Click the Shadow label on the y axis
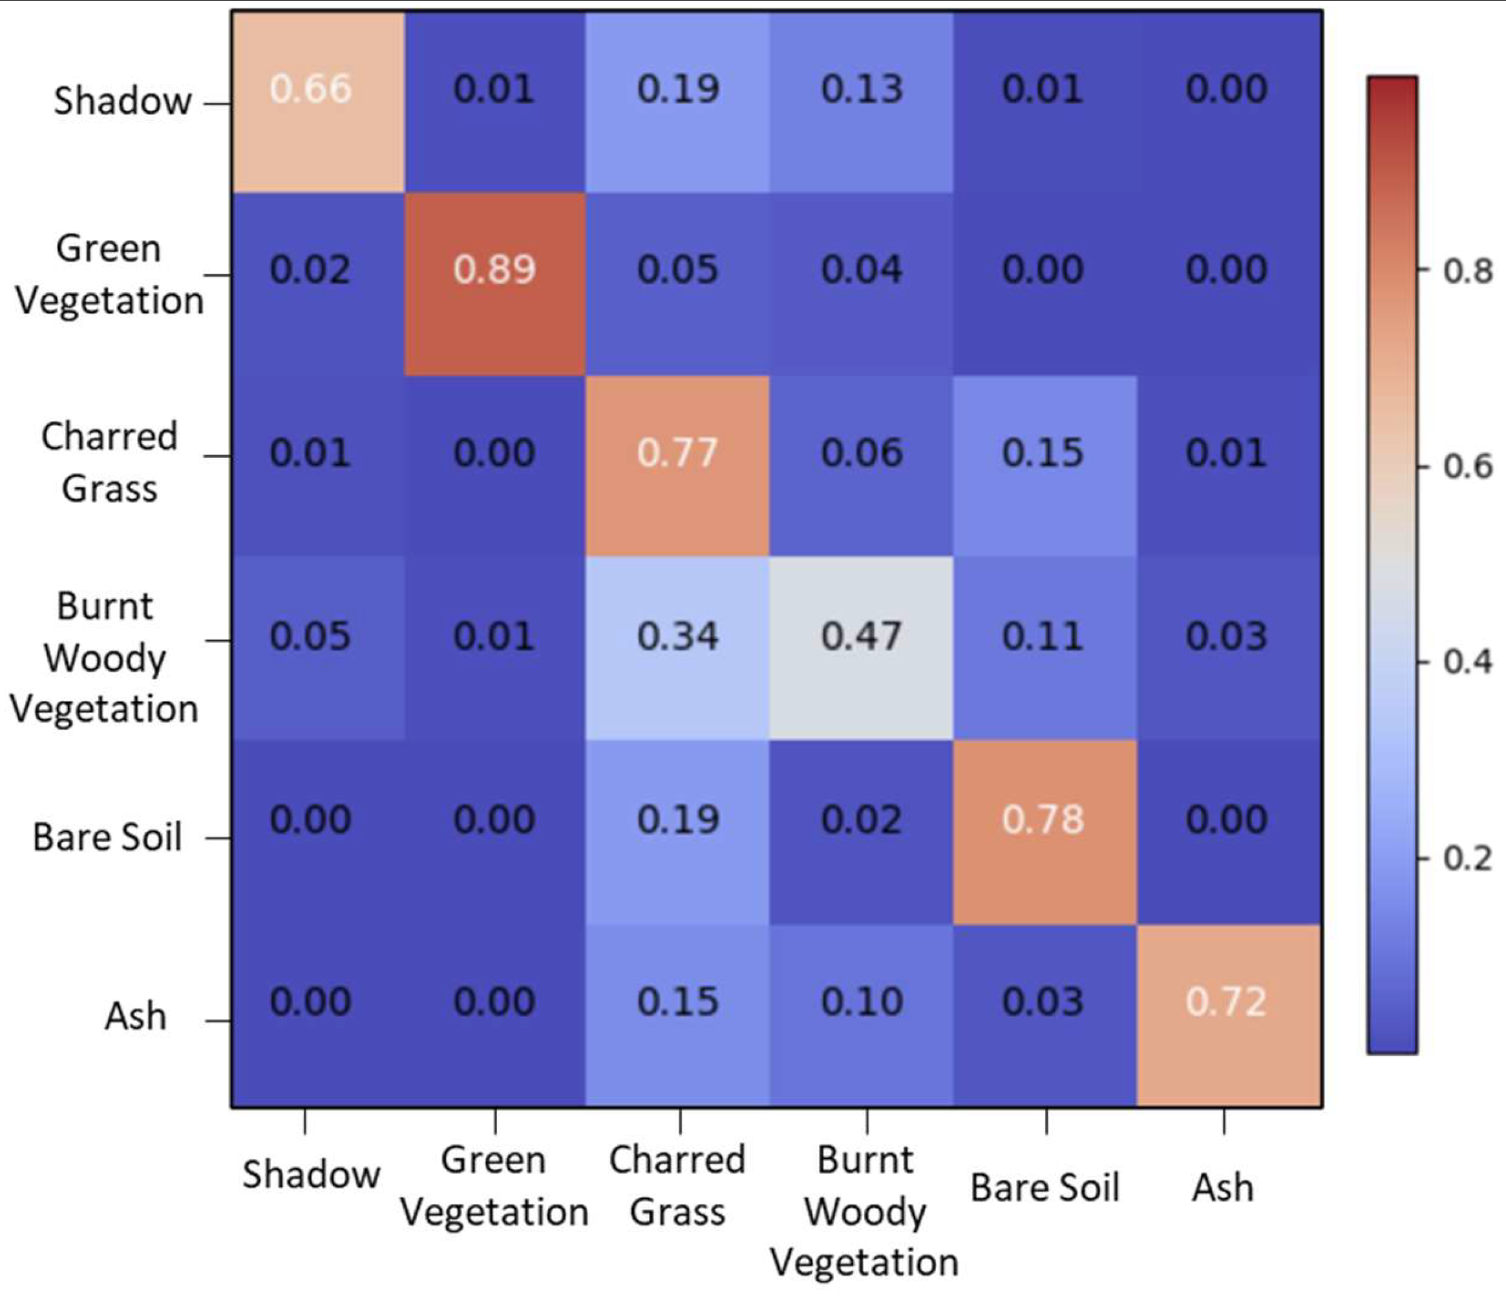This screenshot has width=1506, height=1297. point(122,101)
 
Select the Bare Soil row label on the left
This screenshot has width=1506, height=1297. point(107,837)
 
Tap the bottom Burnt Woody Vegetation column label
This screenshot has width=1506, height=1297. point(864,1211)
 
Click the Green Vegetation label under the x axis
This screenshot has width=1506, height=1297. point(494,1186)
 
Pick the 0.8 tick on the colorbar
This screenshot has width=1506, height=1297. point(1467,271)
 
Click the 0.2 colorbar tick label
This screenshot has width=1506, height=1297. point(1467,859)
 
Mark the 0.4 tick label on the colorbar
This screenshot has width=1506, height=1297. point(1467,662)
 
